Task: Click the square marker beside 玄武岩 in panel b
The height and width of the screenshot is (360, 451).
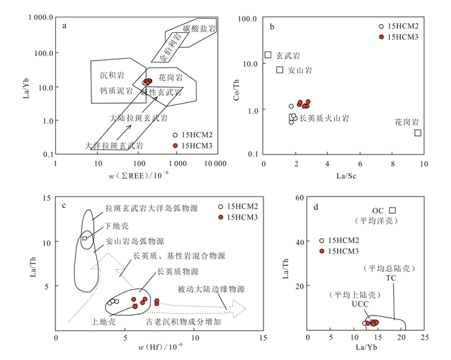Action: click(x=268, y=55)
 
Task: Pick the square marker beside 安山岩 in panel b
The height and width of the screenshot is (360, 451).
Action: click(x=280, y=70)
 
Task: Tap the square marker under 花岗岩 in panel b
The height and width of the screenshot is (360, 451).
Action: click(x=418, y=133)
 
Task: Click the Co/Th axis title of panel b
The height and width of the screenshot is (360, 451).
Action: click(x=238, y=86)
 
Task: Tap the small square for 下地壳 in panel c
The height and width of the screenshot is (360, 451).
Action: click(x=84, y=238)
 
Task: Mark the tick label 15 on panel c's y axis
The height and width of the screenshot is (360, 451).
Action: click(x=46, y=198)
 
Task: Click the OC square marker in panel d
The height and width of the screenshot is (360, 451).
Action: click(x=392, y=211)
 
